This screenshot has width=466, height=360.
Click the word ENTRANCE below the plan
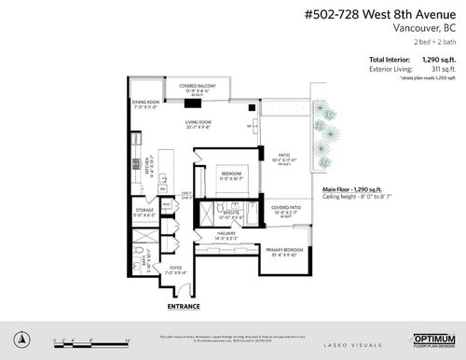point(183,305)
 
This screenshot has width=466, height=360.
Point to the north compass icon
point(24,337)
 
